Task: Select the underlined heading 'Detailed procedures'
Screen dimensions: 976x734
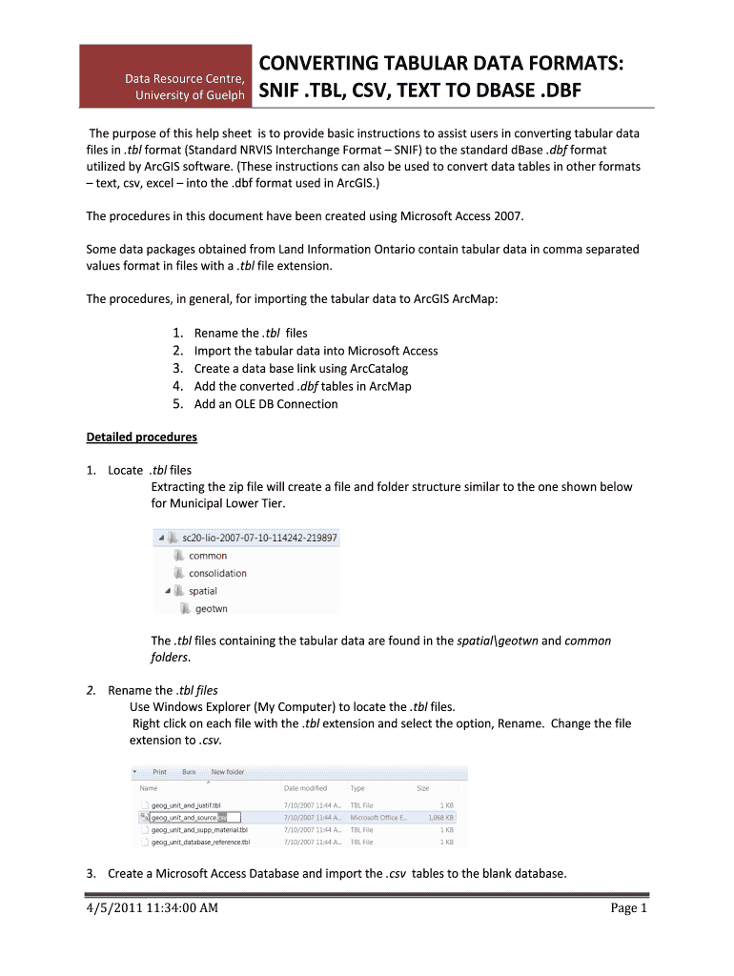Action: tap(141, 437)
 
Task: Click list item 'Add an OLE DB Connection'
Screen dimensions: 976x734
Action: tap(265, 404)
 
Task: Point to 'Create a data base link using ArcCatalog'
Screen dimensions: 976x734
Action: tap(301, 368)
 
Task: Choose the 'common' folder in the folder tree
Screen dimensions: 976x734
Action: tap(207, 556)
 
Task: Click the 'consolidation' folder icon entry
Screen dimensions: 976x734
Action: tap(216, 573)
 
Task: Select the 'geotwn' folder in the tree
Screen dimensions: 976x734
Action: tap(211, 608)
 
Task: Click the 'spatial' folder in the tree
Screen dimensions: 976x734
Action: tap(202, 591)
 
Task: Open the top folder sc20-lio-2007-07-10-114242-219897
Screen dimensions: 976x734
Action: tap(253, 538)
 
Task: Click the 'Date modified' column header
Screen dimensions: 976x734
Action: tap(305, 788)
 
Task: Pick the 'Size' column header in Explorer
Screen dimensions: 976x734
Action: tap(422, 788)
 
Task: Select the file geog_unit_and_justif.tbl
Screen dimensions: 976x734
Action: tap(185, 805)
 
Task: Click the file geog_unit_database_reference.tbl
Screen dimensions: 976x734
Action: tap(200, 843)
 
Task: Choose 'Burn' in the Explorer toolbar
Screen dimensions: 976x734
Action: tap(190, 772)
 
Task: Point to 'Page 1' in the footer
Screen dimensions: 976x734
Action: tap(628, 908)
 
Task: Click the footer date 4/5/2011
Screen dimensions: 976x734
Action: tap(112, 908)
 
